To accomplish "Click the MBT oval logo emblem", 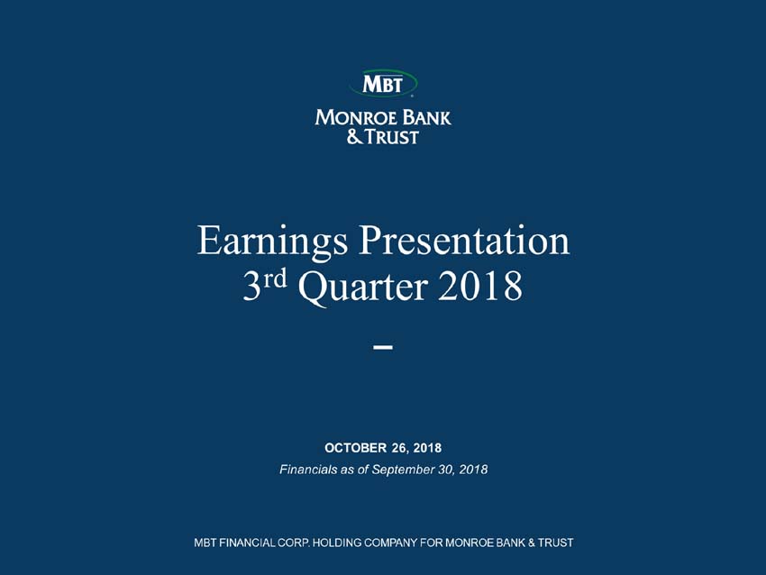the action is coord(383,83).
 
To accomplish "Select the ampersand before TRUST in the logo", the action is coord(355,137).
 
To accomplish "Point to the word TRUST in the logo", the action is coord(392,137).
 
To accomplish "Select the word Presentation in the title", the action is coord(464,240).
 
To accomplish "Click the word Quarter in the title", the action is coord(363,287).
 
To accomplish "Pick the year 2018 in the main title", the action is coord(480,287).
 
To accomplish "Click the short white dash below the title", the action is coord(383,347).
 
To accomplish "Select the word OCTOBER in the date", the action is coord(356,448).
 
